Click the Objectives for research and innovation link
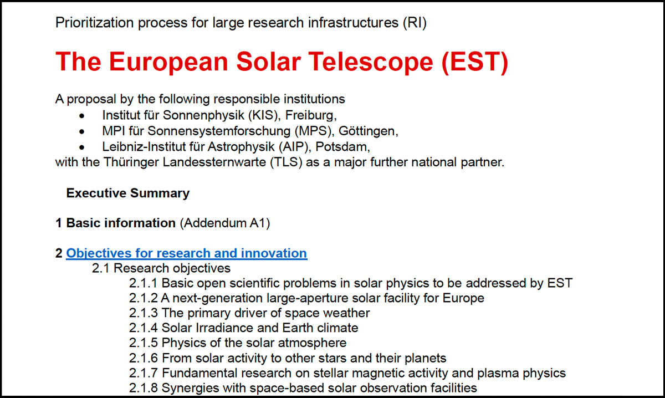click(x=186, y=253)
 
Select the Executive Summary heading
click(x=128, y=193)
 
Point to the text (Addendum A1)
click(x=225, y=223)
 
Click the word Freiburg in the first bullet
click(x=311, y=115)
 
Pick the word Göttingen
click(x=368, y=131)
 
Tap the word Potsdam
click(x=342, y=147)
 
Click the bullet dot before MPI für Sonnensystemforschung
click(x=82, y=131)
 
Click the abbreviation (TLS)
click(x=286, y=162)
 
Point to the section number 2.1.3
click(x=143, y=313)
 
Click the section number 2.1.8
click(x=143, y=388)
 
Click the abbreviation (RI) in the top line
click(x=415, y=23)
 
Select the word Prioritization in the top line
click(x=94, y=23)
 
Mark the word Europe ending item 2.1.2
click(x=463, y=298)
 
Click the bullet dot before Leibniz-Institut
click(x=82, y=147)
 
